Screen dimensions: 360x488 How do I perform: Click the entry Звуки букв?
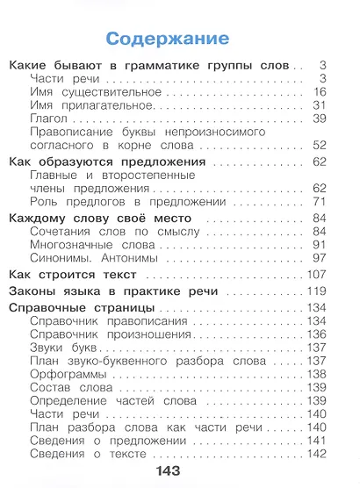click(64, 348)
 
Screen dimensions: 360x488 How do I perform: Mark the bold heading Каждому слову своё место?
click(101, 218)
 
